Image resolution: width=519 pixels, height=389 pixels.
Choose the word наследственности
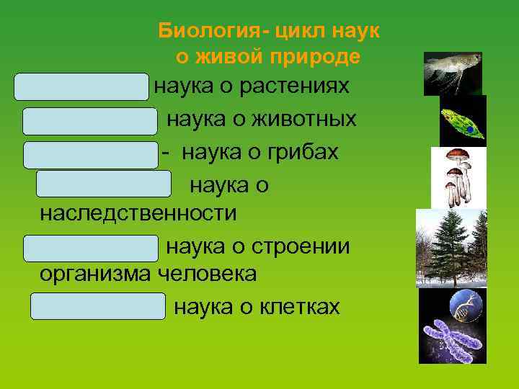(x=138, y=213)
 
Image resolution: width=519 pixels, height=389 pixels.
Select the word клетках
(x=296, y=308)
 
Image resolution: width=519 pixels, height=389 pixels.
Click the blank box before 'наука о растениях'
(x=81, y=86)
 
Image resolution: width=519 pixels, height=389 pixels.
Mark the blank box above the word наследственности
(x=104, y=184)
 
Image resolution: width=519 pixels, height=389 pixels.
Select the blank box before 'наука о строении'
(x=90, y=247)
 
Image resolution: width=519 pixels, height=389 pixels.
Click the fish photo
(x=452, y=73)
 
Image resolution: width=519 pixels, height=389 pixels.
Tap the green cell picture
(x=463, y=121)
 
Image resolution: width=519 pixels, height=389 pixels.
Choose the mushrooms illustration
(x=458, y=177)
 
